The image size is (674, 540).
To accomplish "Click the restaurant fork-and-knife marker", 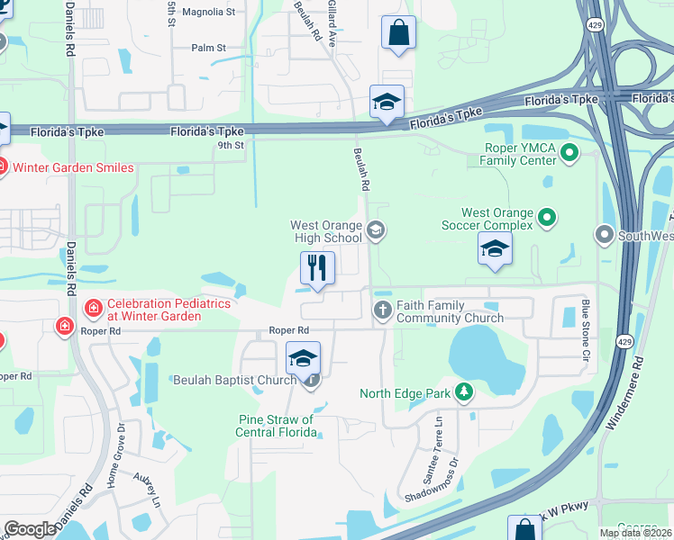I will [x=317, y=268].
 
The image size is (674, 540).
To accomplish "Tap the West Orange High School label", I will [x=326, y=231].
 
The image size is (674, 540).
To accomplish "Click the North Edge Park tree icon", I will [x=464, y=392].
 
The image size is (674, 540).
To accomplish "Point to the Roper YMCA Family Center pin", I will [x=569, y=154].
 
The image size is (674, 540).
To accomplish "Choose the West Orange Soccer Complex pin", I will [x=547, y=216].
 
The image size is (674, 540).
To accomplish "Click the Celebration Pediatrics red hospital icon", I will [x=93, y=310].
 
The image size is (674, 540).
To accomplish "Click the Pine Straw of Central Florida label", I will [x=278, y=426].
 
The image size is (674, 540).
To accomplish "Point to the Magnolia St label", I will [x=208, y=13].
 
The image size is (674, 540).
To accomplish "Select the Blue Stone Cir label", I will [x=585, y=332].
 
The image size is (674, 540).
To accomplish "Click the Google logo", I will [x=31, y=529].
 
